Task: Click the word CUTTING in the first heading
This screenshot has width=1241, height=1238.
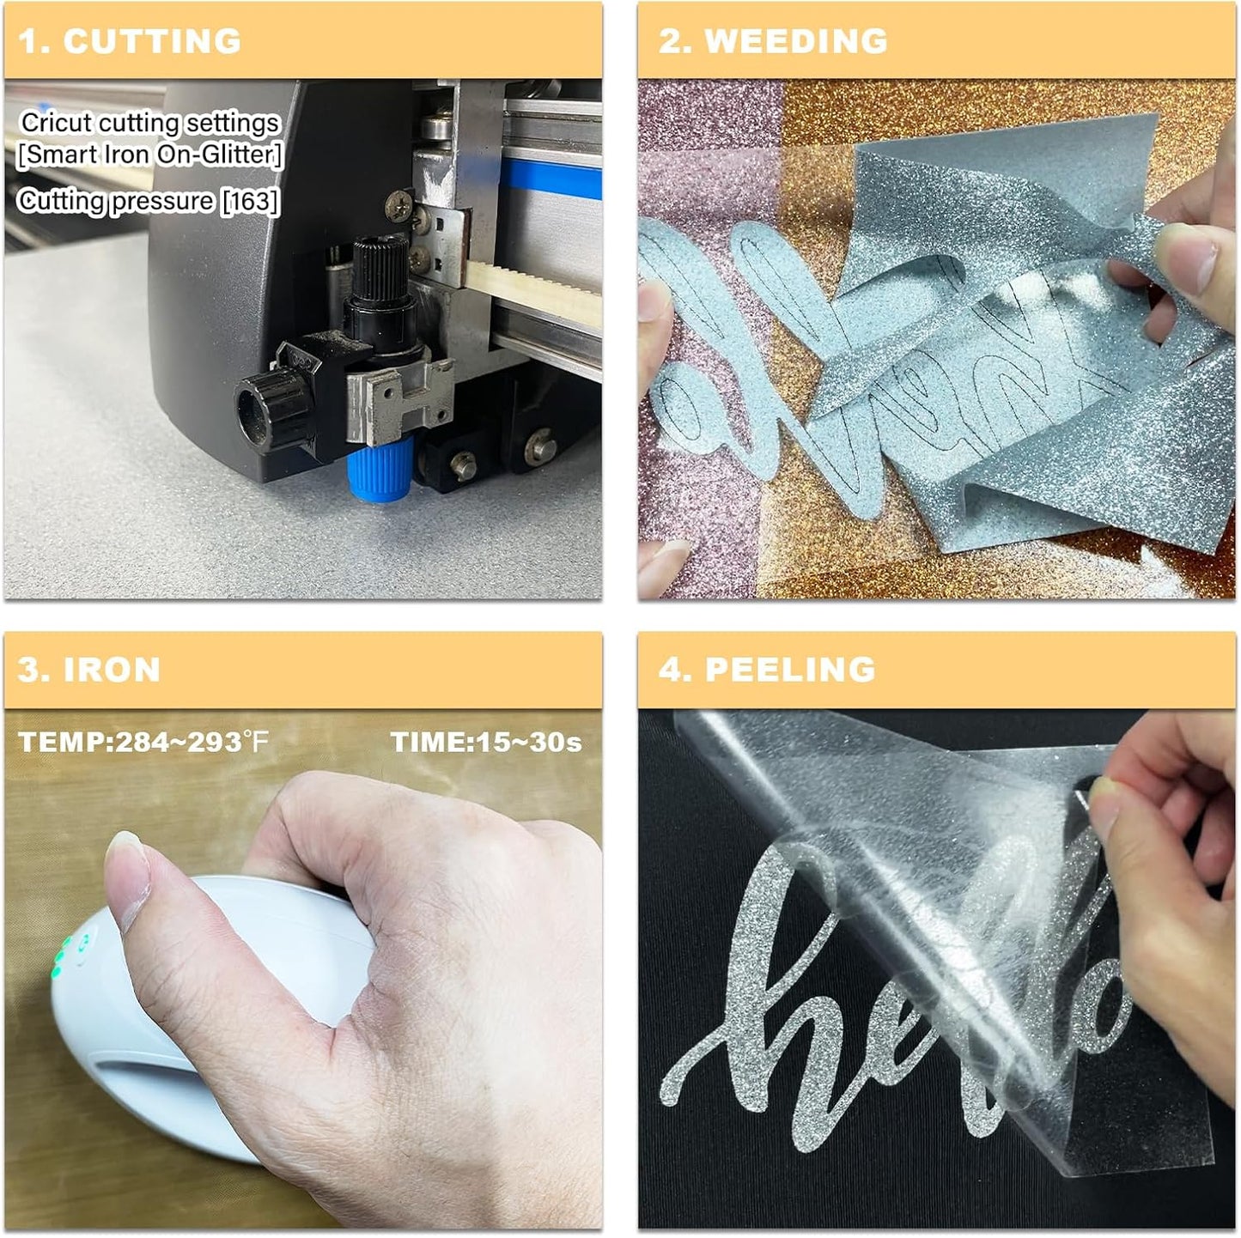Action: pyautogui.click(x=152, y=41)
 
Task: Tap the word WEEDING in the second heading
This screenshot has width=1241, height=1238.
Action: pyautogui.click(x=796, y=41)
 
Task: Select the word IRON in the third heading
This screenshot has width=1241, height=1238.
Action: pyautogui.click(x=112, y=670)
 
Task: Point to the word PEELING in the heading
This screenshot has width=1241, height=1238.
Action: pyautogui.click(x=790, y=670)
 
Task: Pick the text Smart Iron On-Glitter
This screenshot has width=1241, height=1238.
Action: pyautogui.click(x=149, y=155)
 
